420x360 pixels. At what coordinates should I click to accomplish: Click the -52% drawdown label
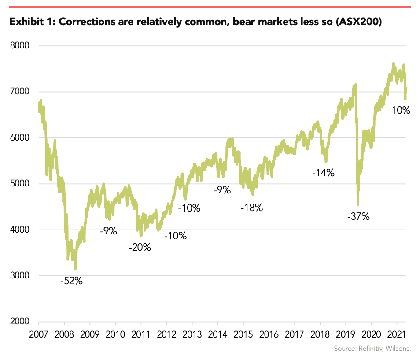(71, 280)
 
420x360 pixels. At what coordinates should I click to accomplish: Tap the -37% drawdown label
(358, 216)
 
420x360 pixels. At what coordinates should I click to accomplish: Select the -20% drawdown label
(140, 247)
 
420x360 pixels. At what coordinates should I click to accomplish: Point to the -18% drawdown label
(251, 208)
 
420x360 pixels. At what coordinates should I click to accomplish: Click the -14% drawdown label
(323, 173)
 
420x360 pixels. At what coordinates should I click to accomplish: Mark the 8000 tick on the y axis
(19, 46)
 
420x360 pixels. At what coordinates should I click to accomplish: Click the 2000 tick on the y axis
(19, 322)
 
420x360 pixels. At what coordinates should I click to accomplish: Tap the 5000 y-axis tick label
(19, 184)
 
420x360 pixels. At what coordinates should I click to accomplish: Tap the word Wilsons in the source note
(398, 349)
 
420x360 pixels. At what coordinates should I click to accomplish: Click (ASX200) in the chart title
(358, 22)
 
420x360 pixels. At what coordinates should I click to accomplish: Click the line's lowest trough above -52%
(75, 268)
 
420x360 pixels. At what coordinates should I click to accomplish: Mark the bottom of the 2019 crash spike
(358, 204)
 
